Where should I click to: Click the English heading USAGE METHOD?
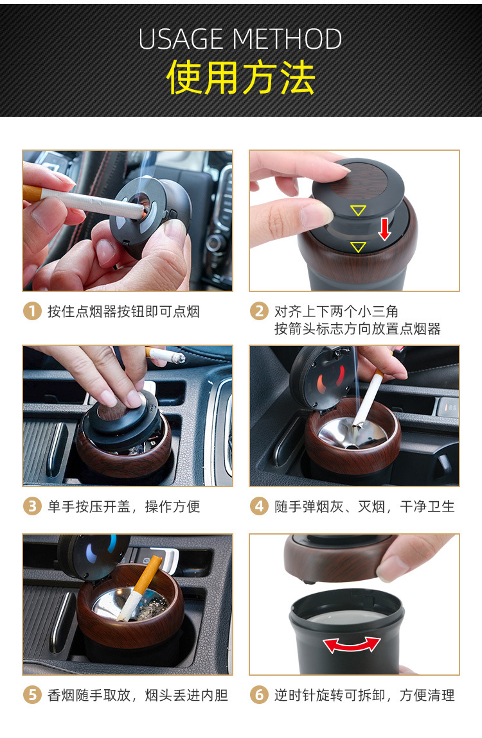(240, 39)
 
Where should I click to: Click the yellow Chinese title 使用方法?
(241, 77)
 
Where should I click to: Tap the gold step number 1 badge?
(33, 311)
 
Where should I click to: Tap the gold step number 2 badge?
(259, 311)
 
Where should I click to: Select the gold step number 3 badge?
(33, 506)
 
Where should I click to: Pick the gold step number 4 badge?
(259, 506)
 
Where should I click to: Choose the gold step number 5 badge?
(33, 695)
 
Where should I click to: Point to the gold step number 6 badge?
(259, 695)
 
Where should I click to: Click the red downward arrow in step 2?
(385, 228)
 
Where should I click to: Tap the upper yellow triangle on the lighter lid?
(358, 210)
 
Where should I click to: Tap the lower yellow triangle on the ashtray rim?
(358, 246)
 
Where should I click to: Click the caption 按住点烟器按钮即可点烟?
(123, 312)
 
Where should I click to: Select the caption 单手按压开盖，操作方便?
(124, 506)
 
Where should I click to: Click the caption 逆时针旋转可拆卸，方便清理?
(364, 695)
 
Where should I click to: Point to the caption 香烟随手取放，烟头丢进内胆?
(138, 695)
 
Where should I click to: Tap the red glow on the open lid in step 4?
(330, 377)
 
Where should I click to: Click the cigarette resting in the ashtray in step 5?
(139, 588)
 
